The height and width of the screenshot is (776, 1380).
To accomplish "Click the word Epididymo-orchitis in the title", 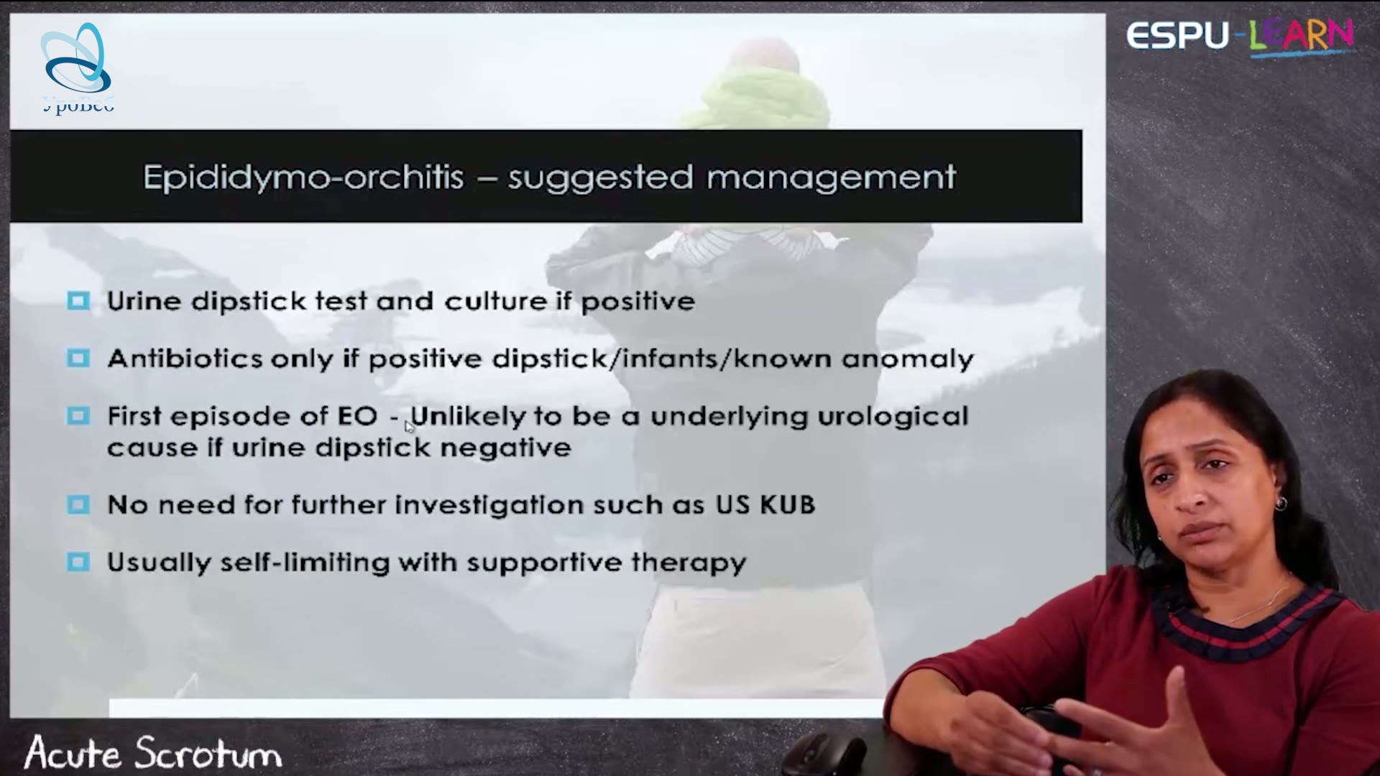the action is [303, 177].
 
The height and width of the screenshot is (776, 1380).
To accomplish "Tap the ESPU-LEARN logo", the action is [1240, 37].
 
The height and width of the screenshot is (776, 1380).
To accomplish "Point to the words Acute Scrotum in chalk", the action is [152, 753].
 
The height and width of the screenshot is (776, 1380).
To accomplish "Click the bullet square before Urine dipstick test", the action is [78, 300].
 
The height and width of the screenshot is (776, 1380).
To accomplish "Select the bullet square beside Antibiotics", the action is [78, 358].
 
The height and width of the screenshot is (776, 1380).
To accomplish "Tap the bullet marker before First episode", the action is [78, 415].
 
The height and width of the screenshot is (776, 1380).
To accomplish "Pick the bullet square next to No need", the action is [78, 504].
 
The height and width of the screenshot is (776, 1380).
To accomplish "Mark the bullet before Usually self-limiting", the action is [78, 561].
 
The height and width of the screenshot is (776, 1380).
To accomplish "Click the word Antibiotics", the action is [185, 358].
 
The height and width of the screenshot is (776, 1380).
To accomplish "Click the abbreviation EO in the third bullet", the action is [357, 416].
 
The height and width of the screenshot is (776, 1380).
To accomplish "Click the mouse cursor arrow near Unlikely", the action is [409, 427].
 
